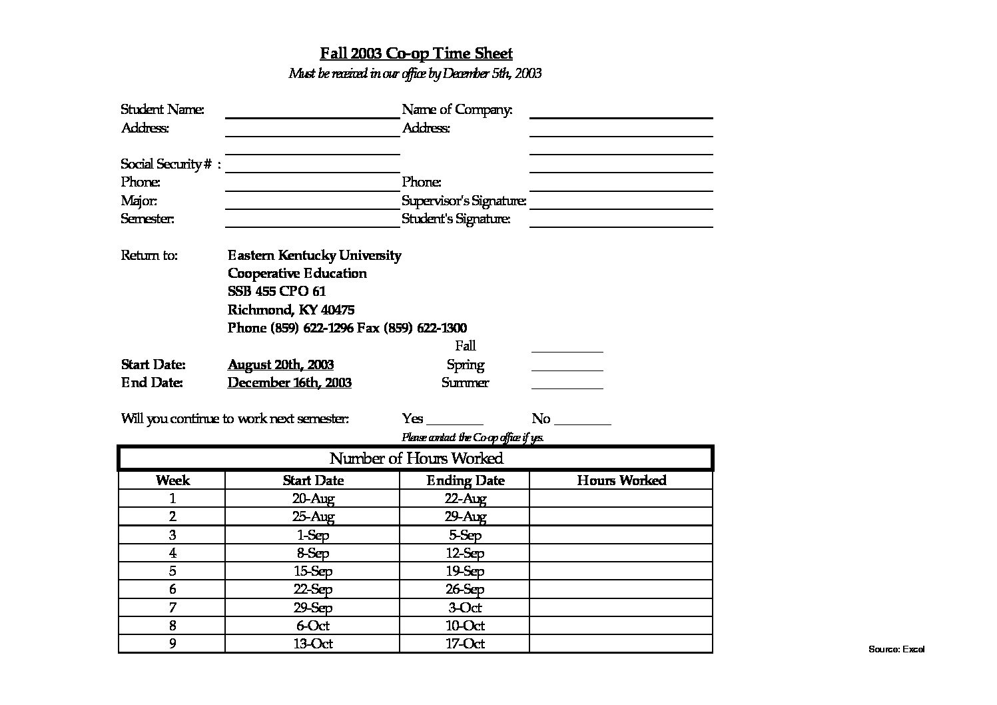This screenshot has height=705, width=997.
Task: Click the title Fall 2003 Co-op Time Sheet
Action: point(416,53)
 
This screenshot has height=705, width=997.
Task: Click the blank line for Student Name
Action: point(312,117)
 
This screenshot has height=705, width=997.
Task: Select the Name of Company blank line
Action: point(621,117)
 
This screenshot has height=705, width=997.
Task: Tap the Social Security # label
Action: point(170,164)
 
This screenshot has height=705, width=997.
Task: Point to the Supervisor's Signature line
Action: point(621,207)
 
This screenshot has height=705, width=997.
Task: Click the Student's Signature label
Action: point(456,219)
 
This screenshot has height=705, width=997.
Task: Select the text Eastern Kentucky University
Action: point(314,255)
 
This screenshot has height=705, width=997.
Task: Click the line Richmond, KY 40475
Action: point(291,310)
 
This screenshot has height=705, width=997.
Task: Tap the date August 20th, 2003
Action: point(280,364)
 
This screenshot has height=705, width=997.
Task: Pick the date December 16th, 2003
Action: point(289,382)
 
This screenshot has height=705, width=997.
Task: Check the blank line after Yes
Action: point(454,423)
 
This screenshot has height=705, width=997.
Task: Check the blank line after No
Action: point(582,423)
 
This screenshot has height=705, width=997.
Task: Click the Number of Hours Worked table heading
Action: point(416,458)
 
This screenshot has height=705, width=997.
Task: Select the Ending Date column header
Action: point(465,480)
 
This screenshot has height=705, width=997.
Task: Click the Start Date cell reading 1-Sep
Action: point(312,535)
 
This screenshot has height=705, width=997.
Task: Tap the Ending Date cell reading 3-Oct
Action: point(465,608)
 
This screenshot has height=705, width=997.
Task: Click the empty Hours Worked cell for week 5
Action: point(621,571)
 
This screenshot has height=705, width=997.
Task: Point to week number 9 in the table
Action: point(172,644)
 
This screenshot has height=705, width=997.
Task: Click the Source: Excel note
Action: point(896,649)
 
